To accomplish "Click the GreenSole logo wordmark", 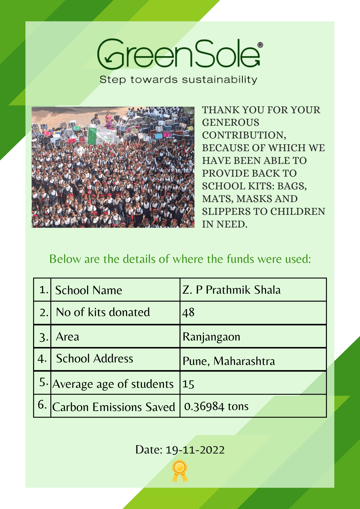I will click(x=178, y=54).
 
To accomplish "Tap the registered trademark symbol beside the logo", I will click(x=260, y=45).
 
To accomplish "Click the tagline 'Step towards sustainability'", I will click(x=178, y=80).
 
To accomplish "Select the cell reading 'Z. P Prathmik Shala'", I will click(x=231, y=290).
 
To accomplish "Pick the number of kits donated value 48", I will click(x=188, y=313).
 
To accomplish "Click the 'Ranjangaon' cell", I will click(x=211, y=337).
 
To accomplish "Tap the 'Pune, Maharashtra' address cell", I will click(x=229, y=361).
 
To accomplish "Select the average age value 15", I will click(x=188, y=384).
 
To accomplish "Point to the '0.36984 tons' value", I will click(x=216, y=406).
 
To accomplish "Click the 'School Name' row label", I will click(x=89, y=290).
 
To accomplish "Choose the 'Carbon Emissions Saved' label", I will click(x=114, y=407).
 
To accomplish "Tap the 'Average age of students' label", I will click(x=113, y=384).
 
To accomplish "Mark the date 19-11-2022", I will click(x=195, y=450).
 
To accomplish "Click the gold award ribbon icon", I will click(x=180, y=471).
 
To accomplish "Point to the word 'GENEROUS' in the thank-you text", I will click(x=231, y=122).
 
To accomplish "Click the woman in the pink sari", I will click(x=108, y=120).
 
